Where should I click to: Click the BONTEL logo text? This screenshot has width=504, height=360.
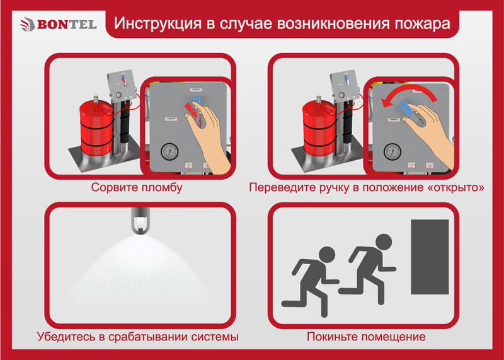point(67,25)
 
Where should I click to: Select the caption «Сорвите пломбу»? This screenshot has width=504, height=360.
point(137,187)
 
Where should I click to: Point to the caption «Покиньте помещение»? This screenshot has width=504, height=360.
point(366,337)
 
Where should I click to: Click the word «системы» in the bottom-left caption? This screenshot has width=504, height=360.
point(215,337)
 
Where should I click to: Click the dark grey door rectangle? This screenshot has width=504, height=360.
point(430,257)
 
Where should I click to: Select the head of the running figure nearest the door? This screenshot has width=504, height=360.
point(384,242)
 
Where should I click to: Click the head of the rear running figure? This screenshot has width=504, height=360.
point(327,255)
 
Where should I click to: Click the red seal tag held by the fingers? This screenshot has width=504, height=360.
point(191,108)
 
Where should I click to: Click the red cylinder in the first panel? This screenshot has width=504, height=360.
point(96,128)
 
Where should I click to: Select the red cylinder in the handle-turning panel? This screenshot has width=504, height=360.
point(319,128)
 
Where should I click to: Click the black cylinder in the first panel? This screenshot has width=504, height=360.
point(125,122)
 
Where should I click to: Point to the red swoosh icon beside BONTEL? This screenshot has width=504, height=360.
point(27,25)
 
